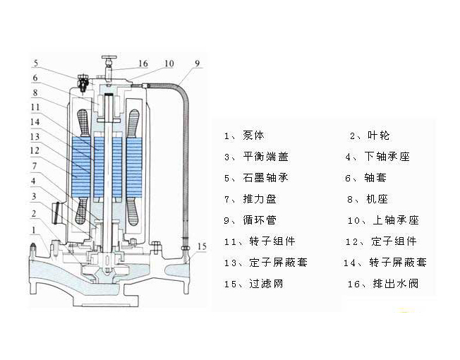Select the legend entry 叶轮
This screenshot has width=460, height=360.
pyautogui.click(x=380, y=136)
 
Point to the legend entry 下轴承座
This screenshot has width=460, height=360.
pyautogui.click(x=387, y=157)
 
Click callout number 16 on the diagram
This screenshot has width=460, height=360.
pyautogui.click(x=143, y=64)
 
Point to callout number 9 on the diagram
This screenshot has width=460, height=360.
pyautogui.click(x=198, y=64)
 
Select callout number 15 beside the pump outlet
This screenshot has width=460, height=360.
pyautogui.click(x=202, y=246)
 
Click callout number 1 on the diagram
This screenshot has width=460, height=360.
pyautogui.click(x=34, y=230)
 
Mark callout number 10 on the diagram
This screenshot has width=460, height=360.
pyautogui.click(x=169, y=64)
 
